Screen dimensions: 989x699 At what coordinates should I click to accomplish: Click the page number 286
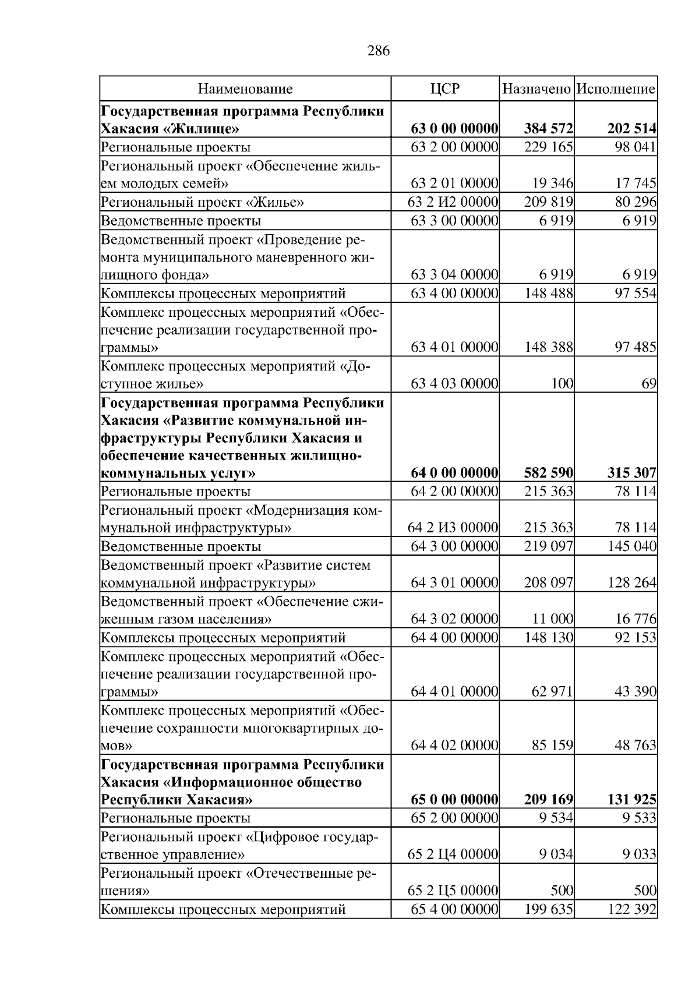(x=378, y=51)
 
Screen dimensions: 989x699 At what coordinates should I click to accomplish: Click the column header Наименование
(x=245, y=89)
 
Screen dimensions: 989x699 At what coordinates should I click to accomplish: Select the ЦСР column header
(x=444, y=89)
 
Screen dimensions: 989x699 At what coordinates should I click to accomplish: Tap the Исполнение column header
(x=616, y=89)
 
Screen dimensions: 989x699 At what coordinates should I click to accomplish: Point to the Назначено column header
(x=536, y=89)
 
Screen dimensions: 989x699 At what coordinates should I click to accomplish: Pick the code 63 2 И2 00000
(x=453, y=202)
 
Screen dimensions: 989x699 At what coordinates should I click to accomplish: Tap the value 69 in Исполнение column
(x=650, y=384)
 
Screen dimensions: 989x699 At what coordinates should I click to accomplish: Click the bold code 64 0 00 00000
(x=454, y=472)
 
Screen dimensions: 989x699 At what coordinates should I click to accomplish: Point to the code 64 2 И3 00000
(x=453, y=528)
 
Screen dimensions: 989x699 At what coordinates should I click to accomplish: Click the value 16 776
(x=636, y=619)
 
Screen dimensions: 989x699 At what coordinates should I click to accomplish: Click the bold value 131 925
(x=632, y=799)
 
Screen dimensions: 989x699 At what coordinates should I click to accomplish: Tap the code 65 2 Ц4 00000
(x=453, y=854)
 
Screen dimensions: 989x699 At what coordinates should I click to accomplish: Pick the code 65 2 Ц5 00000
(x=453, y=891)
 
